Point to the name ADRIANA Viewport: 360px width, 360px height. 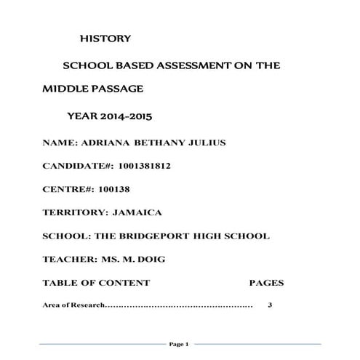tap(106, 142)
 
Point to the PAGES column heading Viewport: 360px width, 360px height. tap(266, 283)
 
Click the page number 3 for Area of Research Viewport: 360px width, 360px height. tap(270, 305)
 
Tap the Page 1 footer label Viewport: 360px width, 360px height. tap(179, 343)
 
